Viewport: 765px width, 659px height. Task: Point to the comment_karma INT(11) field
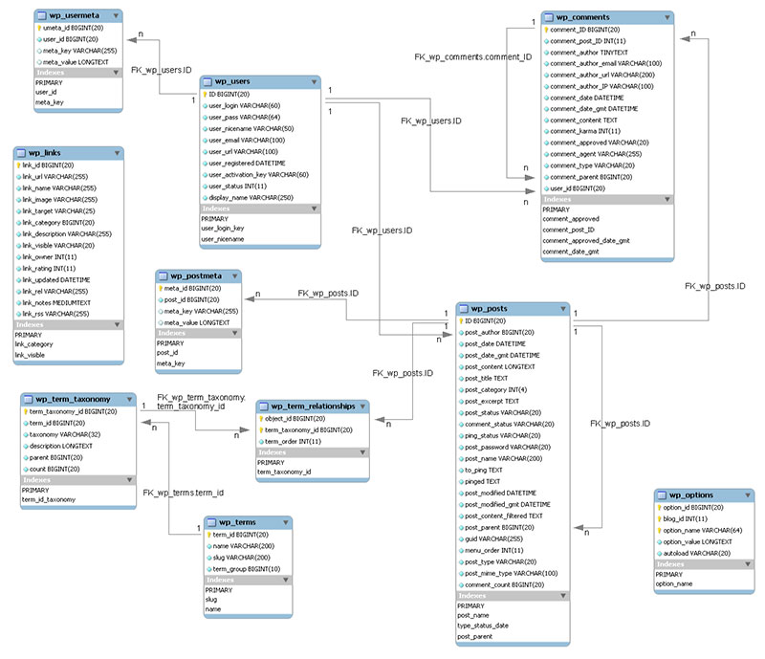tap(585, 131)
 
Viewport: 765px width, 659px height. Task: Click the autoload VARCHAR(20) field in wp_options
tap(697, 553)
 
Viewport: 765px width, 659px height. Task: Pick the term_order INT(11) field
tap(295, 441)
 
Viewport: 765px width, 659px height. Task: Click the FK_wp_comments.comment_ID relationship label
tap(472, 57)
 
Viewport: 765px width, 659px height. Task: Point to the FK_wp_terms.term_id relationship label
tap(184, 493)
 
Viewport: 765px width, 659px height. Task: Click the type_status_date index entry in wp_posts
tap(482, 626)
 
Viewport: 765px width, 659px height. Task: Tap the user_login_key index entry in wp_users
tap(222, 229)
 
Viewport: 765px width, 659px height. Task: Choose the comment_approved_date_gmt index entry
tap(585, 241)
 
